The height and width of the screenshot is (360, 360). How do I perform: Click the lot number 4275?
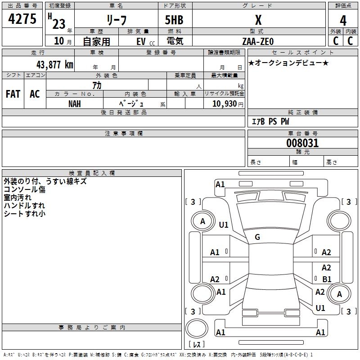[x=22, y=19]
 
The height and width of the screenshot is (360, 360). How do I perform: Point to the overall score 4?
[x=343, y=20]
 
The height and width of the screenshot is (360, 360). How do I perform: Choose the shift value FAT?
[x=13, y=94]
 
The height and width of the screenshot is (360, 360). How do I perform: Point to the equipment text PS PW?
[x=279, y=121]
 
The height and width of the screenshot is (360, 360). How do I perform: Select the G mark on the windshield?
[x=257, y=237]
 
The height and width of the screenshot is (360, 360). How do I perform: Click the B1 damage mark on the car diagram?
[x=327, y=279]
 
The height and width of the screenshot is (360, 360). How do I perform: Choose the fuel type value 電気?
[x=174, y=41]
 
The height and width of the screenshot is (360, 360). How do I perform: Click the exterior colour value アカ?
[x=97, y=85]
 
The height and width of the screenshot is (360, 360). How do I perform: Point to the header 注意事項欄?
[x=123, y=134]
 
